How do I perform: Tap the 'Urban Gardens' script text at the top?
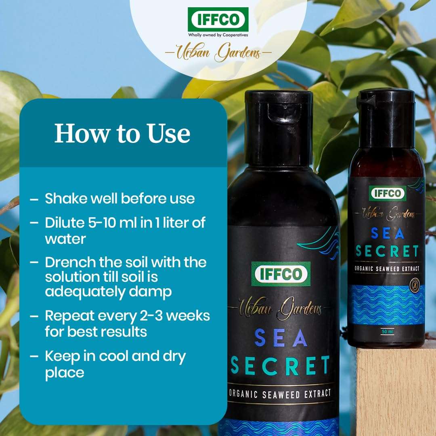coord(218,53)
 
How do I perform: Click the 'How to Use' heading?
coord(122,133)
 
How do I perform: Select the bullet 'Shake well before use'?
coord(119,199)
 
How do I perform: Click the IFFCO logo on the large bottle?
coord(281,274)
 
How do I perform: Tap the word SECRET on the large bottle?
coord(280,365)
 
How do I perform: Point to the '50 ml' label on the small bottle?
coord(387,332)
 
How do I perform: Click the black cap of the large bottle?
coord(279,127)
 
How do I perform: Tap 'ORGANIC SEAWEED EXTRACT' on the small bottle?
coord(387,268)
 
